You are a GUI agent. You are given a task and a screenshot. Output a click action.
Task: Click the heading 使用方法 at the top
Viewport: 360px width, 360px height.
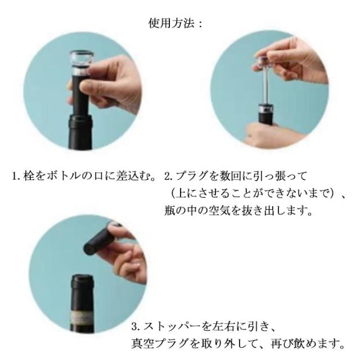coord(172,24)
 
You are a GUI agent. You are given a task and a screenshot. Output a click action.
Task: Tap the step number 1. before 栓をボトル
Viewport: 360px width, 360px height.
coord(16,177)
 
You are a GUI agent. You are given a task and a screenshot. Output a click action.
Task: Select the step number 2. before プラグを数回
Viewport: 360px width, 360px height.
coord(169,177)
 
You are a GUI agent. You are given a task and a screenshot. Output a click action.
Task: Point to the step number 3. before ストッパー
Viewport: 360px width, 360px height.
coord(136,326)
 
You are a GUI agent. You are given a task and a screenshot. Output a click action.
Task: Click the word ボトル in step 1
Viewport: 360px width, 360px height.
coord(64,176)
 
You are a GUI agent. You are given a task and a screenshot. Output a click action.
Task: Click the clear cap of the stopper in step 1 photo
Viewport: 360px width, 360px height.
coord(82,60)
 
